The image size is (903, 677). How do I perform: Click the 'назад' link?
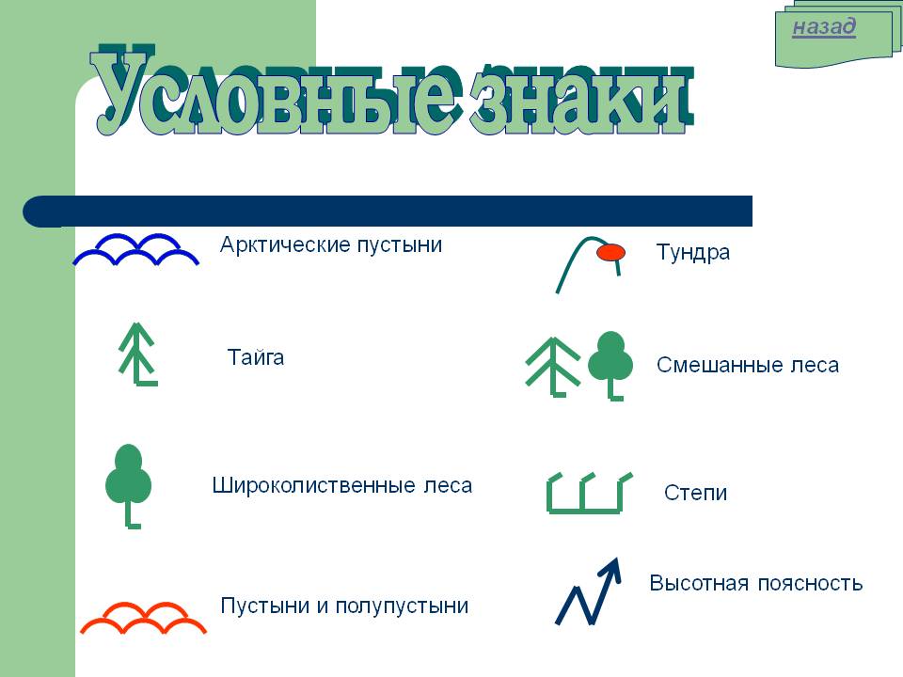(x=824, y=26)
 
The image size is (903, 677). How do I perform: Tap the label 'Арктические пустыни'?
(x=331, y=244)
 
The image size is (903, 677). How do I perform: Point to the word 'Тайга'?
(x=256, y=357)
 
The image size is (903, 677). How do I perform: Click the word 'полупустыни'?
(x=402, y=606)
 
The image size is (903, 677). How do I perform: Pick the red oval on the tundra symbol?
(x=610, y=252)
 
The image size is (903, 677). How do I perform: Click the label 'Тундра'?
(x=693, y=253)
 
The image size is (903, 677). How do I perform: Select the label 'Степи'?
(x=696, y=493)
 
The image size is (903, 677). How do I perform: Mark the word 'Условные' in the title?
(x=276, y=92)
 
